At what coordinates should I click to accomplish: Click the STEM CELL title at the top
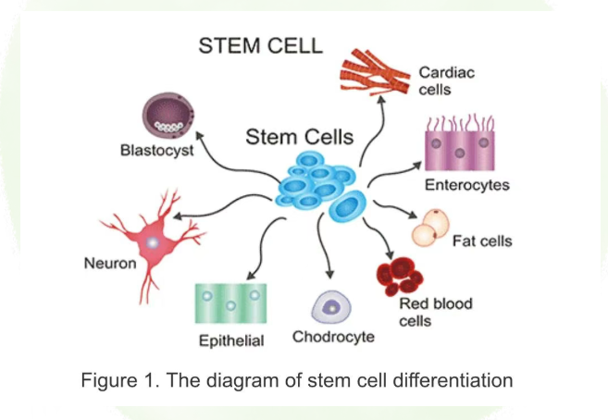[x=260, y=45]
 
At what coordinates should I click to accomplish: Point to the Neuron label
[x=110, y=263]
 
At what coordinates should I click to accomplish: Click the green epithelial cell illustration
[x=230, y=303]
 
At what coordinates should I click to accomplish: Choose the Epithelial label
[x=231, y=340]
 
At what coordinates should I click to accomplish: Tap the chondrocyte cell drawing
[x=329, y=304]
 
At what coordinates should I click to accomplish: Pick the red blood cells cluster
[x=400, y=276]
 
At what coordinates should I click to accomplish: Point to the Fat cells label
[x=481, y=241]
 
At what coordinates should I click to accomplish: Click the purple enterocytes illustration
[x=460, y=146]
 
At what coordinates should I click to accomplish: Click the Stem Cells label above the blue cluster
[x=298, y=137]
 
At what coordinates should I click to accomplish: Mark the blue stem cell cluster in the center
[x=318, y=185]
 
